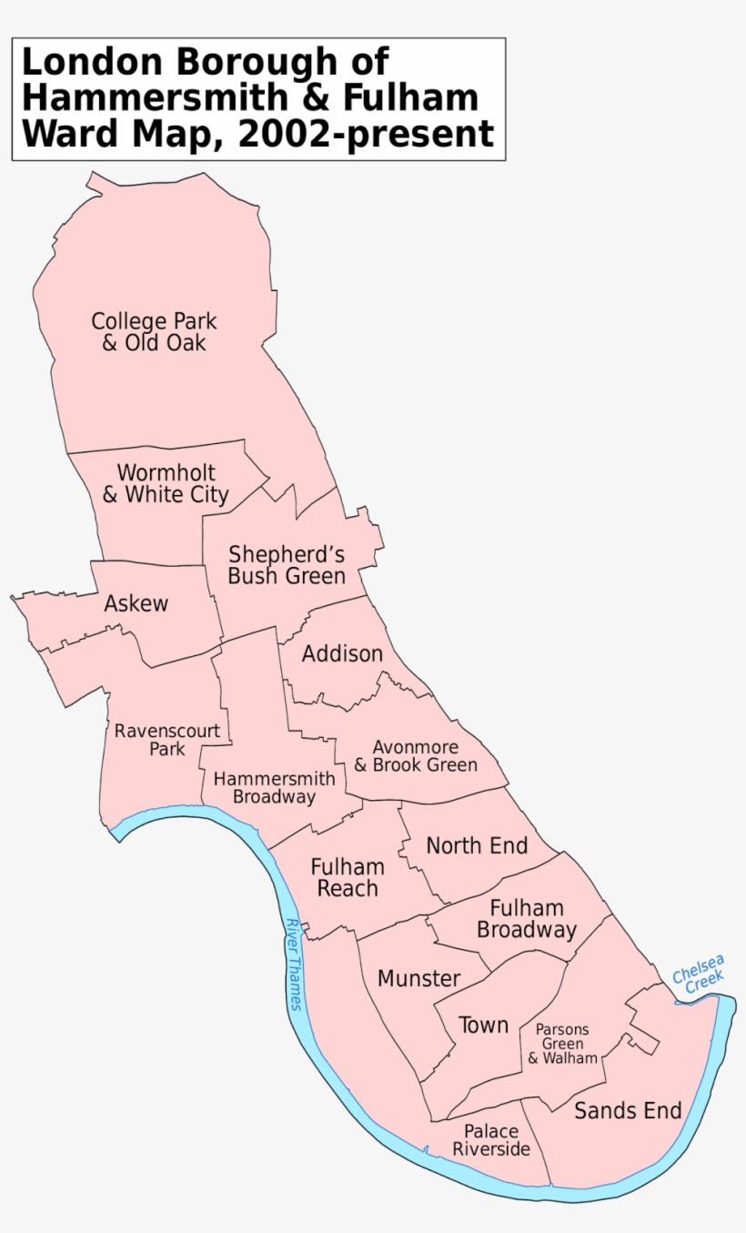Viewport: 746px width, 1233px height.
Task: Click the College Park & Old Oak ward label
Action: (x=154, y=332)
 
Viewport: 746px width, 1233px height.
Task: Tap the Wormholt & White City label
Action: (x=166, y=484)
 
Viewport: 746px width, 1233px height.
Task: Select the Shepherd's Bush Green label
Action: (x=286, y=565)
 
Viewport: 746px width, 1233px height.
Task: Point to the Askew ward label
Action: (x=136, y=603)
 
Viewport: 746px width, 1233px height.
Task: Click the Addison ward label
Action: (x=342, y=654)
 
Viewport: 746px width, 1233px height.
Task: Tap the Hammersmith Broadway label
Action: (x=274, y=788)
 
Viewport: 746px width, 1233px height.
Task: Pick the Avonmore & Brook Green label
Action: (x=415, y=756)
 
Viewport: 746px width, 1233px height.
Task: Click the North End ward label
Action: (x=477, y=845)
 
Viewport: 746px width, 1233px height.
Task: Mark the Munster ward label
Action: (x=418, y=979)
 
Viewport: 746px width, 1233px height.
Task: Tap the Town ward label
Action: (x=483, y=1026)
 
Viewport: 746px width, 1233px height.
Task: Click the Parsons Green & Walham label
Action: (x=562, y=1044)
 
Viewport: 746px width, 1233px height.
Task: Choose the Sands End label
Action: (x=628, y=1110)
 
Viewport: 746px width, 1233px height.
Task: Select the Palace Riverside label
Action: (x=491, y=1140)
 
